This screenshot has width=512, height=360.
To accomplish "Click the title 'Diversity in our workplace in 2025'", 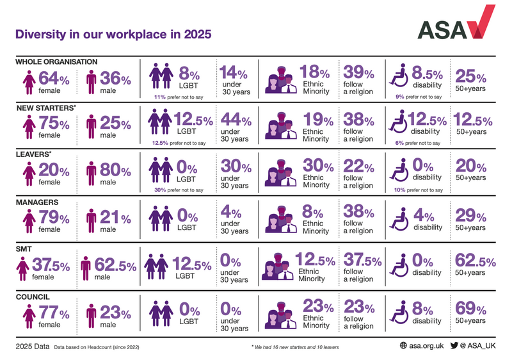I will click(113, 33).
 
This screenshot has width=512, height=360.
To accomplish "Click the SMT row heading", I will click(24, 247).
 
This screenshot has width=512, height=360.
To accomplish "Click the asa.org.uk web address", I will click(420, 345).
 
